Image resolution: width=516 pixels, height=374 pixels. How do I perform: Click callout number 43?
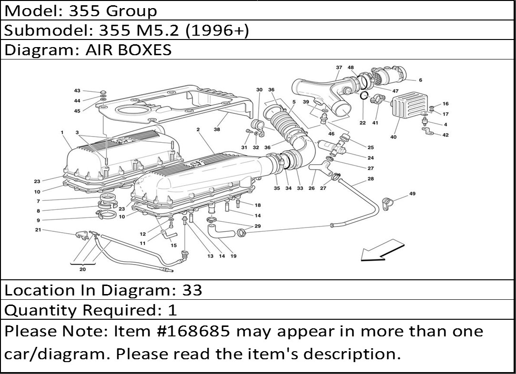(x=77, y=91)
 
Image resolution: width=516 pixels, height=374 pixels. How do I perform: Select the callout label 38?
(x=216, y=129)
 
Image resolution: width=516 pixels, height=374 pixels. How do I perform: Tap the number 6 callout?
(x=420, y=80)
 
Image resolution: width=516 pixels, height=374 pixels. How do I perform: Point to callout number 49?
(x=412, y=194)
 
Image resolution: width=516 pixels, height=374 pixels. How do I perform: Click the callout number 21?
(x=38, y=230)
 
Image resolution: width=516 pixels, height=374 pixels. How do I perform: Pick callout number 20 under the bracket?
(x=82, y=269)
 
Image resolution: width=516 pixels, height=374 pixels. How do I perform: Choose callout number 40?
(x=393, y=137)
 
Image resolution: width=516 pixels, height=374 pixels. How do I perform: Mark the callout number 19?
(x=233, y=256)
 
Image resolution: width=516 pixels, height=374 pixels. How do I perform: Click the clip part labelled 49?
(x=386, y=204)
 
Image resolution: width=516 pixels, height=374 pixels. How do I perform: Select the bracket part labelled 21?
(x=82, y=235)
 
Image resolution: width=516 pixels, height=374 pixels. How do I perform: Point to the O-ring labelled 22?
(x=364, y=95)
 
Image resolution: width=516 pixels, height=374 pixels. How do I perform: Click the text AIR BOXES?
(x=129, y=50)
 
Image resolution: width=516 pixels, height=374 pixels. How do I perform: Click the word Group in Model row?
(x=132, y=11)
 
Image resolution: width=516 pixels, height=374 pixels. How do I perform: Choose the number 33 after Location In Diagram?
(x=192, y=290)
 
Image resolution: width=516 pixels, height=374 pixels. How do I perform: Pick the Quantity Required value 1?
(x=172, y=310)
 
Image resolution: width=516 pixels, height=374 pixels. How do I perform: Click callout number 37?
(x=339, y=68)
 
